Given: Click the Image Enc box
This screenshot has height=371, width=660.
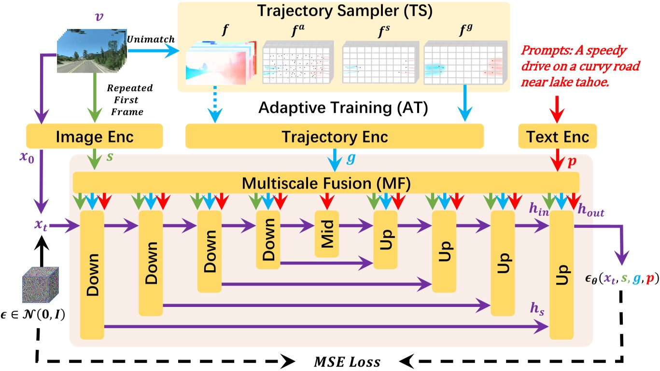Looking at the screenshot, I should click(95, 137).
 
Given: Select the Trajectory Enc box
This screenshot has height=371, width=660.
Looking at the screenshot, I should click(334, 137).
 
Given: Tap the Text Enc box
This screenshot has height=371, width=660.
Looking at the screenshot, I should click(557, 137).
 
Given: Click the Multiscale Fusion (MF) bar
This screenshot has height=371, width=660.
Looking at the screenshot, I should click(326, 183).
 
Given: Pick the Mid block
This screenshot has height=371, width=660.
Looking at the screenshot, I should click(327, 234).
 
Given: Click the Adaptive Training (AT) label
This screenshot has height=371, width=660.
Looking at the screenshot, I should click(343, 107).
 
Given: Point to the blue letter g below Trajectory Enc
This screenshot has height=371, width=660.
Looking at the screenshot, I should click(350, 159).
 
